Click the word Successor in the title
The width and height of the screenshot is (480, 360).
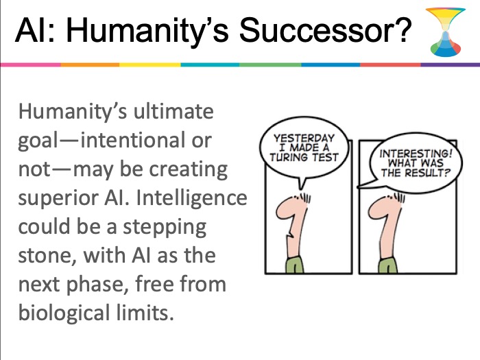(x=325, y=30)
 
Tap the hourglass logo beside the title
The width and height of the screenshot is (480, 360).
(x=446, y=32)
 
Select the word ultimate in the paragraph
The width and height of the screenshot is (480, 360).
(x=173, y=111)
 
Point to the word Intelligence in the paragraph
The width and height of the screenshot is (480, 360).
(x=191, y=199)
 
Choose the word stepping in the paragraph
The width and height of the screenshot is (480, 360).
(x=165, y=228)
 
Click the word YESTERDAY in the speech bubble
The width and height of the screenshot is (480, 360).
(x=304, y=138)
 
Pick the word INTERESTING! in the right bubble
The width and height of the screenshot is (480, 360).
(x=416, y=153)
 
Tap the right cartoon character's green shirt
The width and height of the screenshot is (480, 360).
(x=388, y=265)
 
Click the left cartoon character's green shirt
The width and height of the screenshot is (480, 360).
(x=295, y=265)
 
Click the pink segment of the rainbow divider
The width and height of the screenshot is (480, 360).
(x=30, y=64)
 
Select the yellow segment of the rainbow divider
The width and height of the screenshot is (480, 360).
(x=150, y=64)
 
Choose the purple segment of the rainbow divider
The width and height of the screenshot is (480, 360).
(x=451, y=64)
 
